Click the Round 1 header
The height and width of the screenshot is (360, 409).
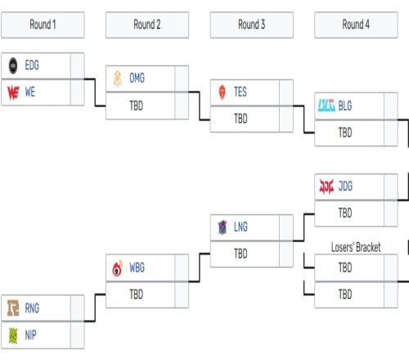pyautogui.click(x=43, y=25)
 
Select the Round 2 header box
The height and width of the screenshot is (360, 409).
pyautogui.click(x=147, y=25)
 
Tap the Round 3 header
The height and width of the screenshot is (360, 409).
pyautogui.click(x=252, y=25)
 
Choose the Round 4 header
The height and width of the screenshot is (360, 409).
pyautogui.click(x=356, y=25)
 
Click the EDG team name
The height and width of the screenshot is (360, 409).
pyautogui.click(x=32, y=65)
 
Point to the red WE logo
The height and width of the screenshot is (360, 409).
pyautogui.click(x=13, y=92)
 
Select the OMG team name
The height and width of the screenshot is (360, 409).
pyautogui.click(x=137, y=79)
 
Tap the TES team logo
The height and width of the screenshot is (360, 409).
pyautogui.click(x=222, y=92)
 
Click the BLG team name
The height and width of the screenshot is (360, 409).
pyautogui.click(x=345, y=106)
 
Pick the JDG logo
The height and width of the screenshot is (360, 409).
pyautogui.click(x=326, y=187)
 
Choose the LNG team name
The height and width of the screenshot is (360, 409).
pyautogui.click(x=240, y=227)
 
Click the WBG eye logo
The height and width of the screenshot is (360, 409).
pyautogui.click(x=118, y=268)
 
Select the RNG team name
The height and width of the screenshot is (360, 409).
pyautogui.click(x=32, y=308)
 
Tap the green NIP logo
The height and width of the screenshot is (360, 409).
pyautogui.click(x=13, y=335)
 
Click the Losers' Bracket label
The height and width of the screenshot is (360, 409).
pyautogui.click(x=356, y=247)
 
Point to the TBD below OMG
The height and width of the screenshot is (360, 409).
pyautogui.click(x=136, y=106)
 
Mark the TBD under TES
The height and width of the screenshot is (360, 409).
pyautogui.click(x=240, y=119)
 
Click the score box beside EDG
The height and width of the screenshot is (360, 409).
pyautogui.click(x=78, y=65)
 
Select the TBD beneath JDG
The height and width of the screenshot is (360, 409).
pyautogui.click(x=345, y=213)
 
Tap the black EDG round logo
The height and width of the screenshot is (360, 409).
pyautogui.click(x=13, y=65)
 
